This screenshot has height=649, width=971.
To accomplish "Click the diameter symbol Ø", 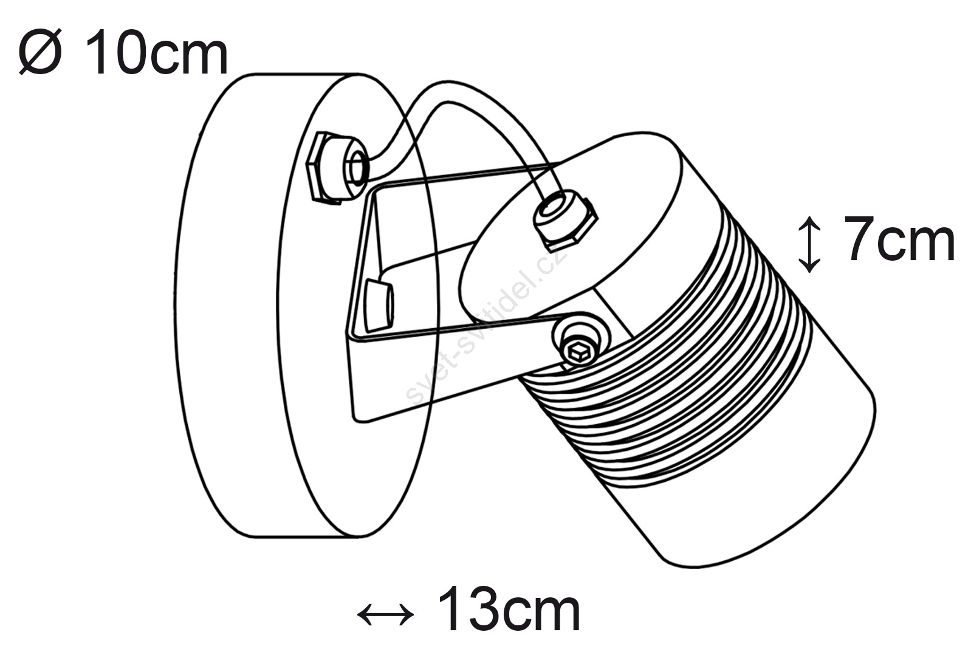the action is [x=40, y=52].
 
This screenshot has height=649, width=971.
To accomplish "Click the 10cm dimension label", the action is [x=157, y=53].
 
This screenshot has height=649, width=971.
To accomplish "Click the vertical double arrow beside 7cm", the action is [x=809, y=244].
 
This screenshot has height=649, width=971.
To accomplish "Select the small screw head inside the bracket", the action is [x=379, y=306].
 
